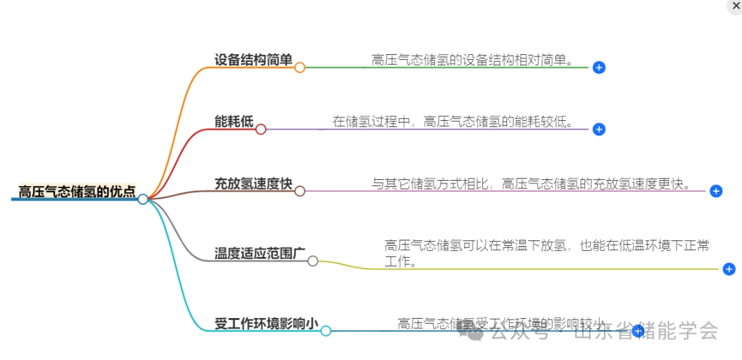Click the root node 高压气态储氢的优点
76,192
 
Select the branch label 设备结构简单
254,60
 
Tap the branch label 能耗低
234,122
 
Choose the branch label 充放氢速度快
254,184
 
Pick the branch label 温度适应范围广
260,254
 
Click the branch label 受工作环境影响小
266,324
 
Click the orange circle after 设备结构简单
300,67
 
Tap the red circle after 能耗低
260,129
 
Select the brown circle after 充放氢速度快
300,191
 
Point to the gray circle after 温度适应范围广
313,261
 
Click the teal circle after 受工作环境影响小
326,331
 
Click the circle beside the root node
142,199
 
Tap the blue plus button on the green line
598,67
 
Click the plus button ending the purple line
598,129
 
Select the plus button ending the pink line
716,191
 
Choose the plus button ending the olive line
729,269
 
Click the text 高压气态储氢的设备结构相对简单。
472,60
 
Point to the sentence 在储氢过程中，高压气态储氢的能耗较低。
453,122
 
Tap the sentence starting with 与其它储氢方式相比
531,184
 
